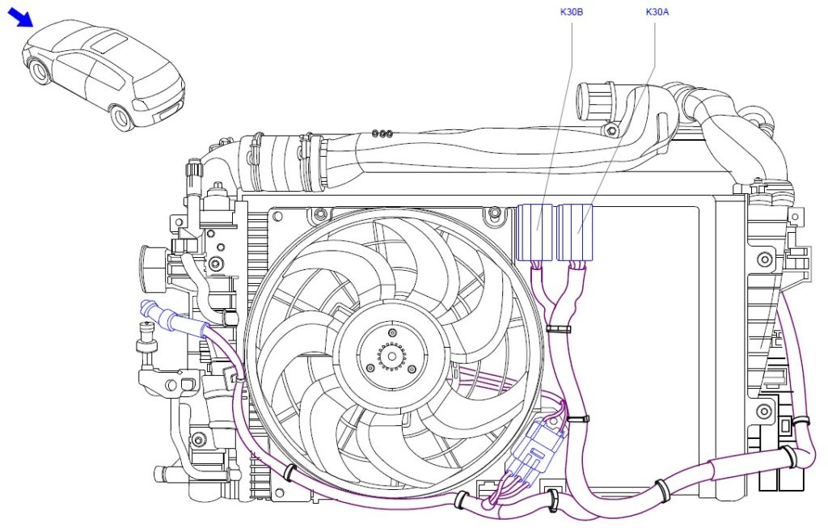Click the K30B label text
coord(572,12)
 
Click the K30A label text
coord(657,12)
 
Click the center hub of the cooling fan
coord(391,353)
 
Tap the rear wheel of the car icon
coord(122,118)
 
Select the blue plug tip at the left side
coord(147,306)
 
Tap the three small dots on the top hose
coord(383,133)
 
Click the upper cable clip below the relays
coord(556,329)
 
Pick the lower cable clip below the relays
coord(577,419)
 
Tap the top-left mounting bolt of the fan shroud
coord(320,214)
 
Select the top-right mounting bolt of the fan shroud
coord(493,214)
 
